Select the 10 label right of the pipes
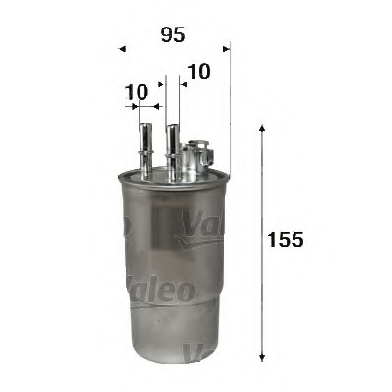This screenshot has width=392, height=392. click(197, 71)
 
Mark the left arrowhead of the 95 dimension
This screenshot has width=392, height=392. click(121, 47)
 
